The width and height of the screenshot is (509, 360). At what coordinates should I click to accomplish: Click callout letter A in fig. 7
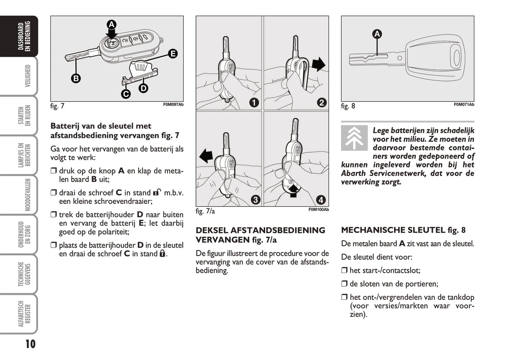pyautogui.click(x=111, y=25)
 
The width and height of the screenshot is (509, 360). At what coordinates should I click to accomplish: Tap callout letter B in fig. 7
pyautogui.click(x=76, y=79)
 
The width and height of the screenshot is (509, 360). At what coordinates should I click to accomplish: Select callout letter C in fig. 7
pyautogui.click(x=126, y=94)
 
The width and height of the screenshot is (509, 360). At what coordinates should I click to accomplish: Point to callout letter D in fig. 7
pyautogui.click(x=143, y=88)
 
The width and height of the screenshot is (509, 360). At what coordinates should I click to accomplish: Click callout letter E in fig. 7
pyautogui.click(x=173, y=54)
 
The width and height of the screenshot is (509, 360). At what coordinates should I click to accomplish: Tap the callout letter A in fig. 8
pyautogui.click(x=377, y=34)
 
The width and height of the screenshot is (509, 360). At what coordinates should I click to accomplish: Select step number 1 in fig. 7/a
pyautogui.click(x=254, y=103)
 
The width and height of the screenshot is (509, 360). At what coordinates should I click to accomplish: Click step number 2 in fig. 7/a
pyautogui.click(x=322, y=103)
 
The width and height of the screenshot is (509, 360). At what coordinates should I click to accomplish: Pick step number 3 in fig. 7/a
pyautogui.click(x=255, y=200)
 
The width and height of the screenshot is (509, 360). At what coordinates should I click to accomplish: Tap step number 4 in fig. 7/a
pyautogui.click(x=321, y=200)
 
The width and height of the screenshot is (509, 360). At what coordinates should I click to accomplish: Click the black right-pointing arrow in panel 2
pyautogui.click(x=318, y=65)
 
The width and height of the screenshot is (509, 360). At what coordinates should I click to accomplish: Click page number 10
pyautogui.click(x=30, y=344)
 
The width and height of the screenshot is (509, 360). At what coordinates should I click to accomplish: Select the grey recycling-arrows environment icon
pyautogui.click(x=354, y=138)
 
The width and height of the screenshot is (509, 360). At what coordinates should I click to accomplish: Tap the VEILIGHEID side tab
pyautogui.click(x=27, y=76)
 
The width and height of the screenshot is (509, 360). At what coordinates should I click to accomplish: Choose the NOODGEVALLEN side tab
pyautogui.click(x=27, y=195)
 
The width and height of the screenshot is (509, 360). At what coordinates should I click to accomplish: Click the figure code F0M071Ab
pyautogui.click(x=464, y=105)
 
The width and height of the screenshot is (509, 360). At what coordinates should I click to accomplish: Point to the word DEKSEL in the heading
pyautogui.click(x=212, y=230)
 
